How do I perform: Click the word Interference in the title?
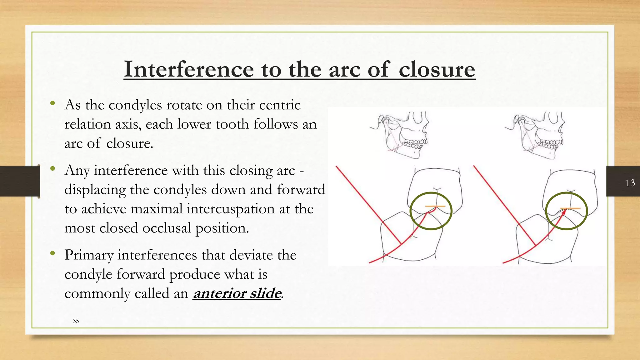click(189, 69)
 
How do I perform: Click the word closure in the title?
click(437, 69)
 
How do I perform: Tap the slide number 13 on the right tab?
click(630, 183)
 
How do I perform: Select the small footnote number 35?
click(76, 321)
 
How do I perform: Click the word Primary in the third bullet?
click(89, 255)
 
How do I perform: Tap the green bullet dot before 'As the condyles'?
click(52, 103)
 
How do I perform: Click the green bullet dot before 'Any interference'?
click(52, 169)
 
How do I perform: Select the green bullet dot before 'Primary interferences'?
click(52, 253)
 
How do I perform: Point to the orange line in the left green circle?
click(435, 206)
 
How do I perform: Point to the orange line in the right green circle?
click(570, 208)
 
